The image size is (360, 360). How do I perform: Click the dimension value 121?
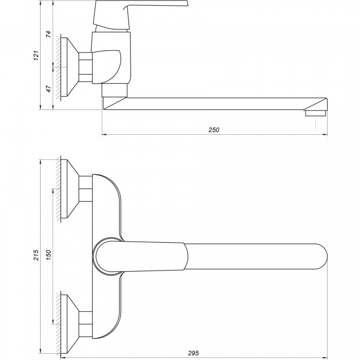[37, 56]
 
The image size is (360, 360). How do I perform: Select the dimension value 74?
[49, 34]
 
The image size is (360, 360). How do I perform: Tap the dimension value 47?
[49, 89]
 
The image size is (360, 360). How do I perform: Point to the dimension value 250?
[214, 130]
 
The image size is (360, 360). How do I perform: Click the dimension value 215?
[37, 255]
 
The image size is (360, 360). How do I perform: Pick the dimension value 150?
[49, 255]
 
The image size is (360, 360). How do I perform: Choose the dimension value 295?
[193, 353]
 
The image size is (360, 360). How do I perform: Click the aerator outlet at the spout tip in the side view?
[316, 113]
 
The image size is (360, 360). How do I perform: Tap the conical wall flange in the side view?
[70, 67]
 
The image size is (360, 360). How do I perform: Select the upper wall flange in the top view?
[70, 189]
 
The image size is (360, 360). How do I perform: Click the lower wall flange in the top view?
[70, 324]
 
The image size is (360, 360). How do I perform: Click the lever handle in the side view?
[140, 14]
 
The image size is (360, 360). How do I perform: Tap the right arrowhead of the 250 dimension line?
[326, 135]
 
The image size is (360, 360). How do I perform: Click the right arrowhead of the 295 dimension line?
[326, 358]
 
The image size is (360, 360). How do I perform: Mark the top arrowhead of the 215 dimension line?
[41, 161]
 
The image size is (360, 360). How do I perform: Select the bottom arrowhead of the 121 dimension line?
[41, 107]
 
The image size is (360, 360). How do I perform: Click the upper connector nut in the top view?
[86, 189]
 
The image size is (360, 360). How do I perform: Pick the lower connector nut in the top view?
[86, 324]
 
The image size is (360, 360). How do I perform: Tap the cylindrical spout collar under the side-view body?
[114, 90]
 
